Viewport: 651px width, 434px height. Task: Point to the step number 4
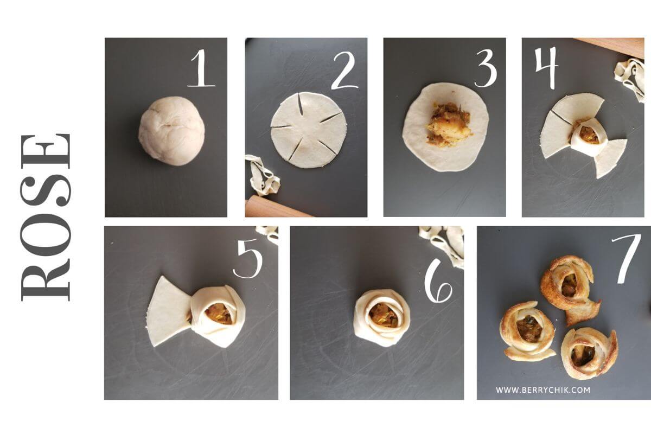[x=546, y=67]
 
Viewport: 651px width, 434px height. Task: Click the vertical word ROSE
[x=46, y=217]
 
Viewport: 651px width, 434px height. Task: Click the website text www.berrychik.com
[x=543, y=390]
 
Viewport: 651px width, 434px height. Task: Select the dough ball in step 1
[x=171, y=131]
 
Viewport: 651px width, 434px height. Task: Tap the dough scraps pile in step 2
[x=262, y=175]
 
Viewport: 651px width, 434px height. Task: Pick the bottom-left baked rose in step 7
[x=527, y=331]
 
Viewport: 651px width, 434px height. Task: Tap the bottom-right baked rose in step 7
[x=588, y=353]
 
